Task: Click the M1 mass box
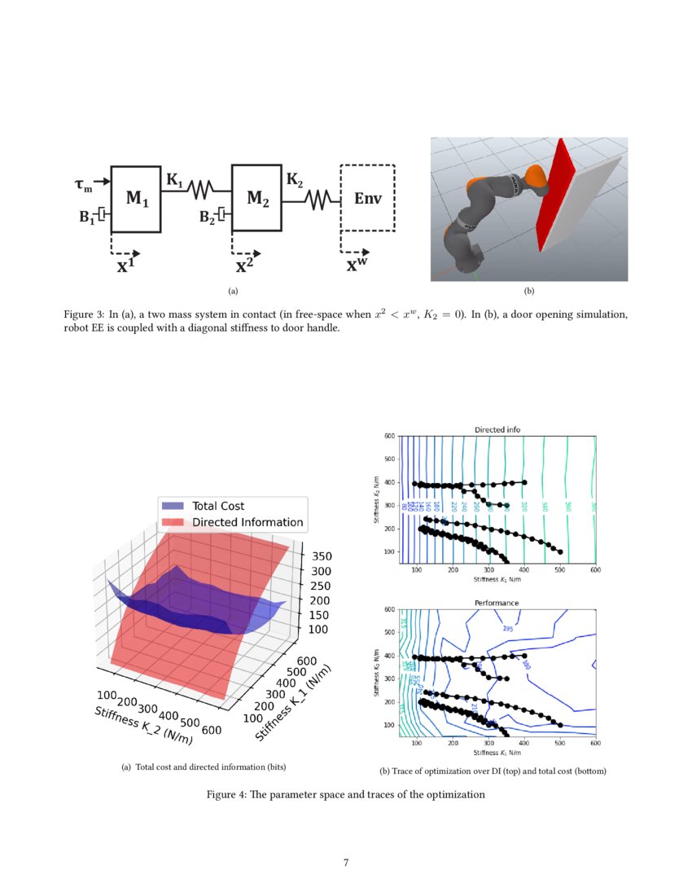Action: tap(135, 199)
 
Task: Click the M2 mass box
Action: tap(256, 199)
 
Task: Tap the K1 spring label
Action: tap(174, 178)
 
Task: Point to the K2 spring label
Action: tap(294, 178)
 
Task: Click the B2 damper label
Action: tap(208, 217)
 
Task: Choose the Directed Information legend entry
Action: tap(247, 522)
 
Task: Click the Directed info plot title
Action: tap(497, 429)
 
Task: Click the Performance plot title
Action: tap(497, 603)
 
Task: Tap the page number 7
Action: tap(346, 863)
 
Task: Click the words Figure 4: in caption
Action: tap(227, 794)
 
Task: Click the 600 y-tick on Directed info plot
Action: tap(390, 437)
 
